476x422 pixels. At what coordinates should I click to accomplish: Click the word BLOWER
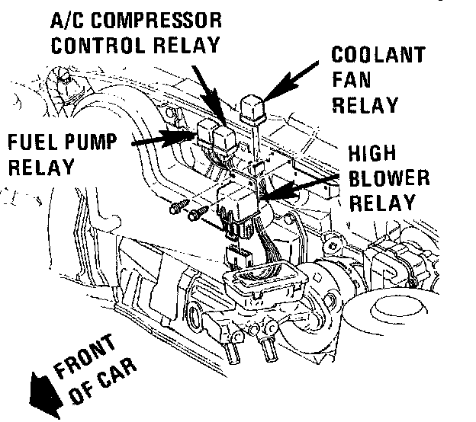388,180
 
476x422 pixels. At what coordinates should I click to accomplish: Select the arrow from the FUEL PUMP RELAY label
160,139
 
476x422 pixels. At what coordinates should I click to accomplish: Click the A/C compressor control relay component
224,139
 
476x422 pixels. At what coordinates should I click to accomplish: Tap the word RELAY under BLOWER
386,203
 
